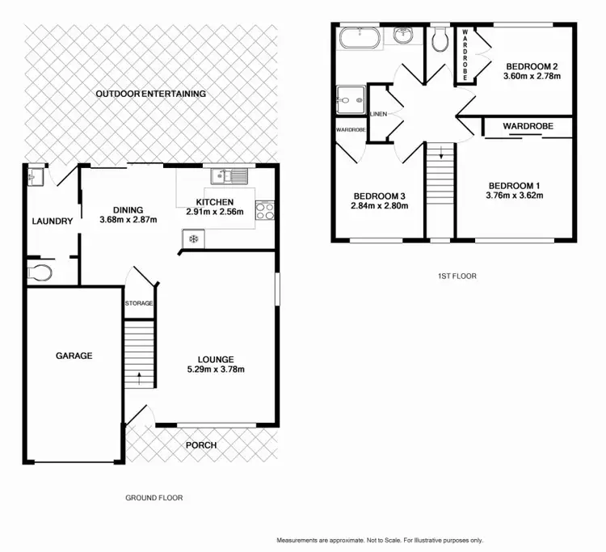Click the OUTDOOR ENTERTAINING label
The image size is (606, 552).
151,94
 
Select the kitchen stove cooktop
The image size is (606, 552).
266,210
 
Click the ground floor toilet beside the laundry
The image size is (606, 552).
40,272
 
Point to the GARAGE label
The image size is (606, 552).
74,356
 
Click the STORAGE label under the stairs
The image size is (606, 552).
139,303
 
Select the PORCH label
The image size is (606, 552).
201,445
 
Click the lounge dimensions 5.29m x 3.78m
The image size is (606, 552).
216,370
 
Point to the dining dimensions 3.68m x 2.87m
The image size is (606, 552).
128,220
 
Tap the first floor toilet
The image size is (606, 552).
440,39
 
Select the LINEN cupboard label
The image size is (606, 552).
379,114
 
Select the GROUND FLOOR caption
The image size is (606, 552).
154,498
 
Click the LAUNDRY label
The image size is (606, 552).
53,221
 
